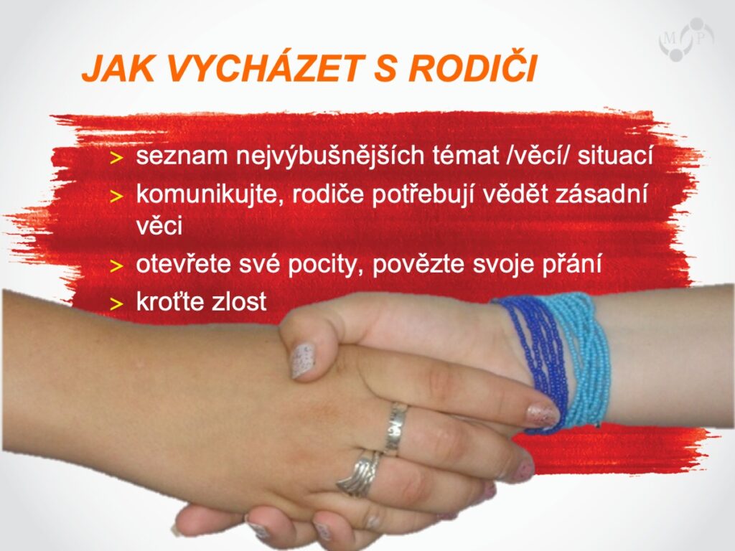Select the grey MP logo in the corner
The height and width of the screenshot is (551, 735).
coord(686,39)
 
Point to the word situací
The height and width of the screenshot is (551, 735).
coord(615,155)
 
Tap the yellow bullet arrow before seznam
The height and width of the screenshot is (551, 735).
coord(116,159)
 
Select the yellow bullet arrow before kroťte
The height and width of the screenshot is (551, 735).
coord(116,304)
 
